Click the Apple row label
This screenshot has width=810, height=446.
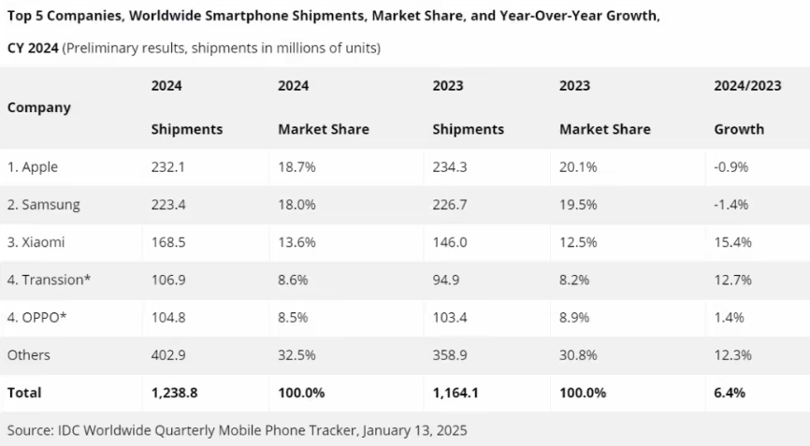click(33, 167)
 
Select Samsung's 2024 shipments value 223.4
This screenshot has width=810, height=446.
click(168, 205)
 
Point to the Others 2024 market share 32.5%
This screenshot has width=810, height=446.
click(297, 355)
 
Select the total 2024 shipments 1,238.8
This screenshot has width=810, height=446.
click(173, 393)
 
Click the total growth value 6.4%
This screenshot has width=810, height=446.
click(730, 393)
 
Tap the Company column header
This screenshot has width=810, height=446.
click(39, 108)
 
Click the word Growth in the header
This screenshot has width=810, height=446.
click(739, 129)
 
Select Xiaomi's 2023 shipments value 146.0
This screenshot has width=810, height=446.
click(450, 242)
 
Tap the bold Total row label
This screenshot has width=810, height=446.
click(24, 393)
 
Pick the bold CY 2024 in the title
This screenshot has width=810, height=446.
click(33, 47)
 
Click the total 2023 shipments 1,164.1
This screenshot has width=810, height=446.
click(456, 393)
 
